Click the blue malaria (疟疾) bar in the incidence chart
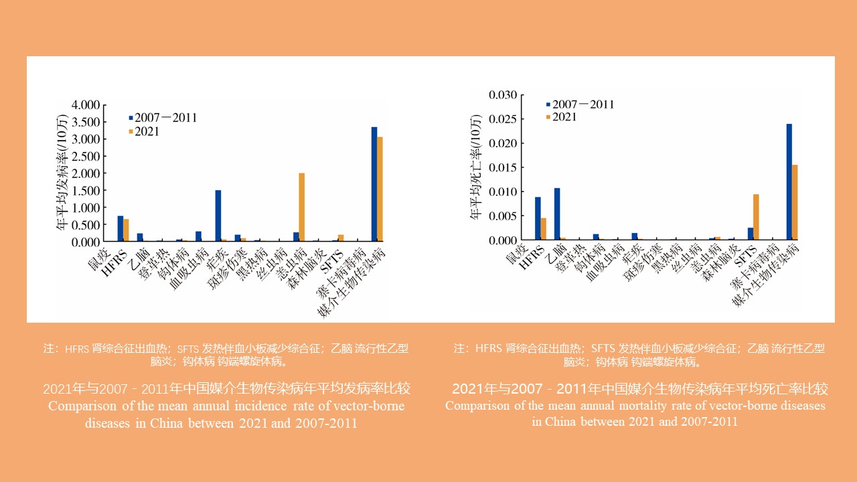(218, 216)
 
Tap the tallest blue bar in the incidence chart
(374, 183)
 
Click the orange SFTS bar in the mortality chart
(756, 216)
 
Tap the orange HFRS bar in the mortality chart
(544, 228)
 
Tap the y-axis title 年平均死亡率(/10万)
(476, 172)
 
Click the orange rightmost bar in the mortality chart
(795, 202)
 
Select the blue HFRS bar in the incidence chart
(121, 228)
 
